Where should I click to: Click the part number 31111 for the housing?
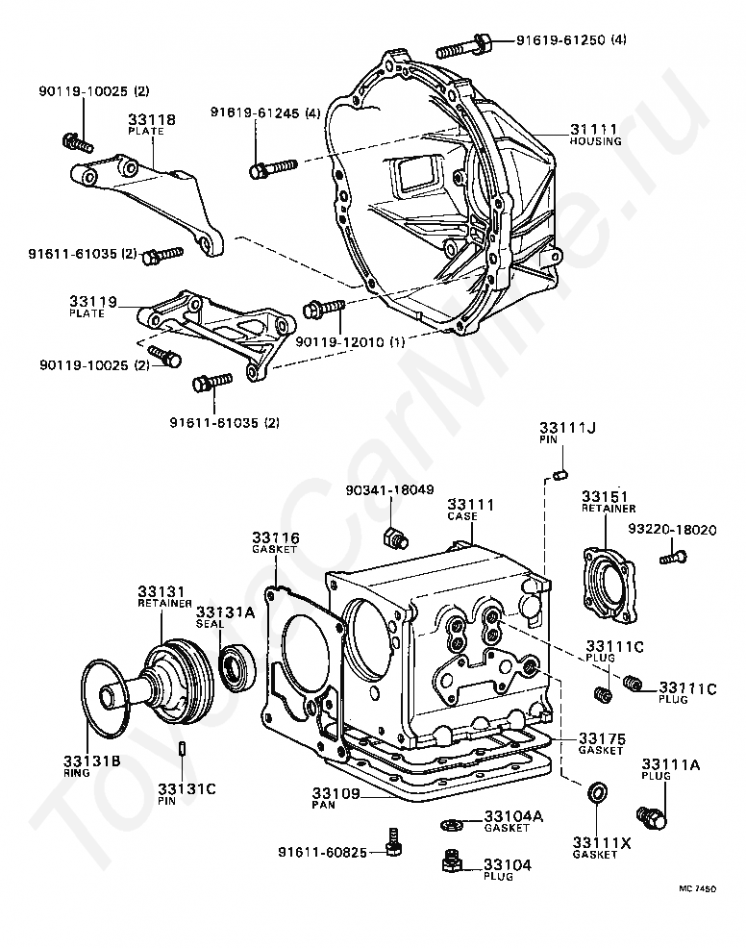[x=593, y=129]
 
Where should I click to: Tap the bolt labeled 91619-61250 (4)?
[x=465, y=44]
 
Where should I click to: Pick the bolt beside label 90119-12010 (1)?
[x=324, y=308]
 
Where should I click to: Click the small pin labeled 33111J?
[x=563, y=472]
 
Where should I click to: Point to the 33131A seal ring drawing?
[x=235, y=666]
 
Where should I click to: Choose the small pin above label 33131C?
[x=182, y=749]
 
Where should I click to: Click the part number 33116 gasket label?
[x=276, y=537]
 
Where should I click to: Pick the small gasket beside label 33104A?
[x=450, y=823]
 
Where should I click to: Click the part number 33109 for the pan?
[x=336, y=794]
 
